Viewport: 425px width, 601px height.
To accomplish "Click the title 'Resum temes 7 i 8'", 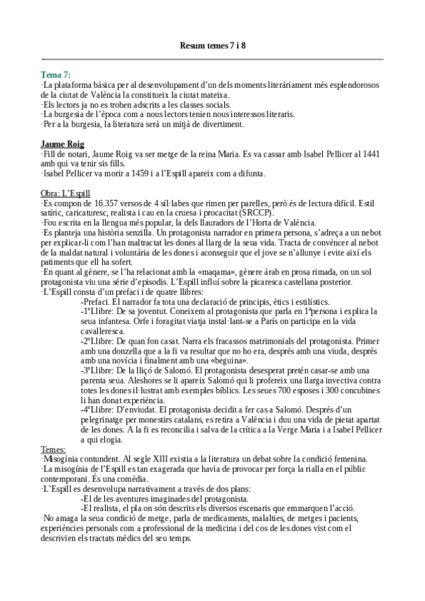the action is (x=212, y=47).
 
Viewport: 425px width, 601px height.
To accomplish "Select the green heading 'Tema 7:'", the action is (x=56, y=74).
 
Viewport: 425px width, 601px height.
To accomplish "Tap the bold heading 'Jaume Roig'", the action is (x=62, y=144).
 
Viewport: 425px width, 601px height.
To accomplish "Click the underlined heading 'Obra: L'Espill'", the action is (x=71, y=193).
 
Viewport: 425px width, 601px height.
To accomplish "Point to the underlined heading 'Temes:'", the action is (x=54, y=449).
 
